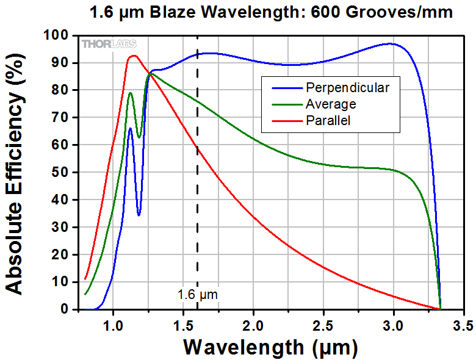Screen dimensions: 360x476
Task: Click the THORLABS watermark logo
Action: click(x=110, y=44)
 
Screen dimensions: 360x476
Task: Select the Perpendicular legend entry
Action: click(x=348, y=87)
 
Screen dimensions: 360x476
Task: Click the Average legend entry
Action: click(x=331, y=104)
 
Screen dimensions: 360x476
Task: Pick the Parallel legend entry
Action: click(x=329, y=121)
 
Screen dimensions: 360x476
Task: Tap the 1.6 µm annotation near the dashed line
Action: click(x=197, y=295)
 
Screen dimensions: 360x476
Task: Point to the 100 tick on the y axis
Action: click(x=63, y=35)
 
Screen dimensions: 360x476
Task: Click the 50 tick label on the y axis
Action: click(x=67, y=173)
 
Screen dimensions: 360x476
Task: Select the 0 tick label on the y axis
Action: click(x=71, y=309)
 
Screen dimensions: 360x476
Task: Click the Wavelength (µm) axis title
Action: click(x=270, y=347)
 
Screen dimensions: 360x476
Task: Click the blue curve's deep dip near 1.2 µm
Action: click(x=139, y=215)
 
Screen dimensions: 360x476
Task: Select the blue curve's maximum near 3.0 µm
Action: click(x=389, y=43)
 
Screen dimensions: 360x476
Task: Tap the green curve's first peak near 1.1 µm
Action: click(x=130, y=93)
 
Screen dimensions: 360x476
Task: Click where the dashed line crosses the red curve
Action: click(x=197, y=147)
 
